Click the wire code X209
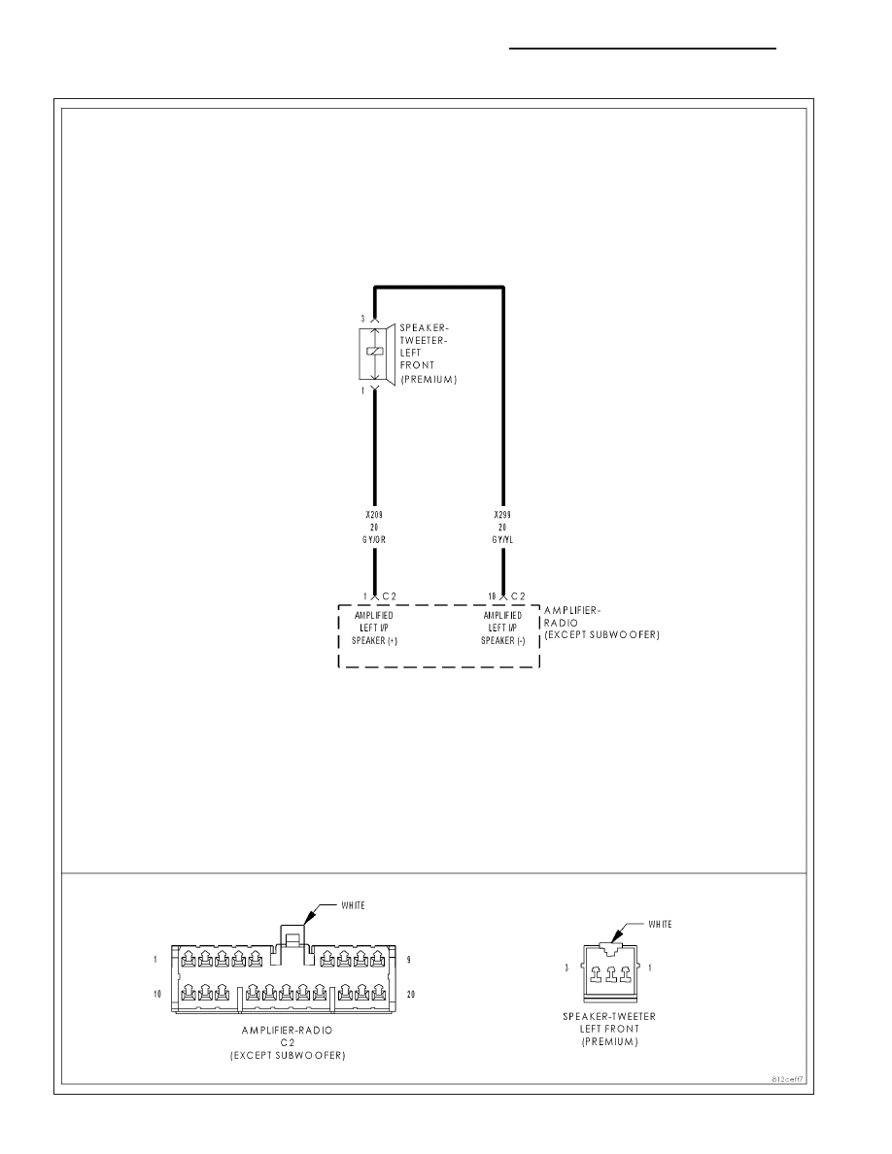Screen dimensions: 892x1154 point(374,515)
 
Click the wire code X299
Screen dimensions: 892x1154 point(502,515)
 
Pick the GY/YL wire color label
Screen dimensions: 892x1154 point(502,539)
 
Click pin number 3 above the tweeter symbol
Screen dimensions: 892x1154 point(362,319)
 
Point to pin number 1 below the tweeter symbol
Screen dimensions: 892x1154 point(362,390)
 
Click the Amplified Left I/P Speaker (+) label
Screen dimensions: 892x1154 point(374,628)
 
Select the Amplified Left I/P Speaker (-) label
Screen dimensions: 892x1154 point(502,628)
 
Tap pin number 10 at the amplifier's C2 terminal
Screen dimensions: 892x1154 point(492,596)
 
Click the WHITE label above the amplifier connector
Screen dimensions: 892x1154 point(354,905)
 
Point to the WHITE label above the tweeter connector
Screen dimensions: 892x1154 point(660,925)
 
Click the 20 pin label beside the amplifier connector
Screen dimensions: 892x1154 point(411,995)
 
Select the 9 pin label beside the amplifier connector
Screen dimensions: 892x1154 point(408,960)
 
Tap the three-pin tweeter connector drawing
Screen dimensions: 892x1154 point(611,972)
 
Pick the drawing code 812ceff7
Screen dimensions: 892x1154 point(787,1079)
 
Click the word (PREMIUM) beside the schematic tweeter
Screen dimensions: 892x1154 point(429,380)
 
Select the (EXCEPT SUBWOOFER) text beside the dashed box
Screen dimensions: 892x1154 point(601,634)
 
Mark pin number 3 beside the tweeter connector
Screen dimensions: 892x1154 point(566,967)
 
